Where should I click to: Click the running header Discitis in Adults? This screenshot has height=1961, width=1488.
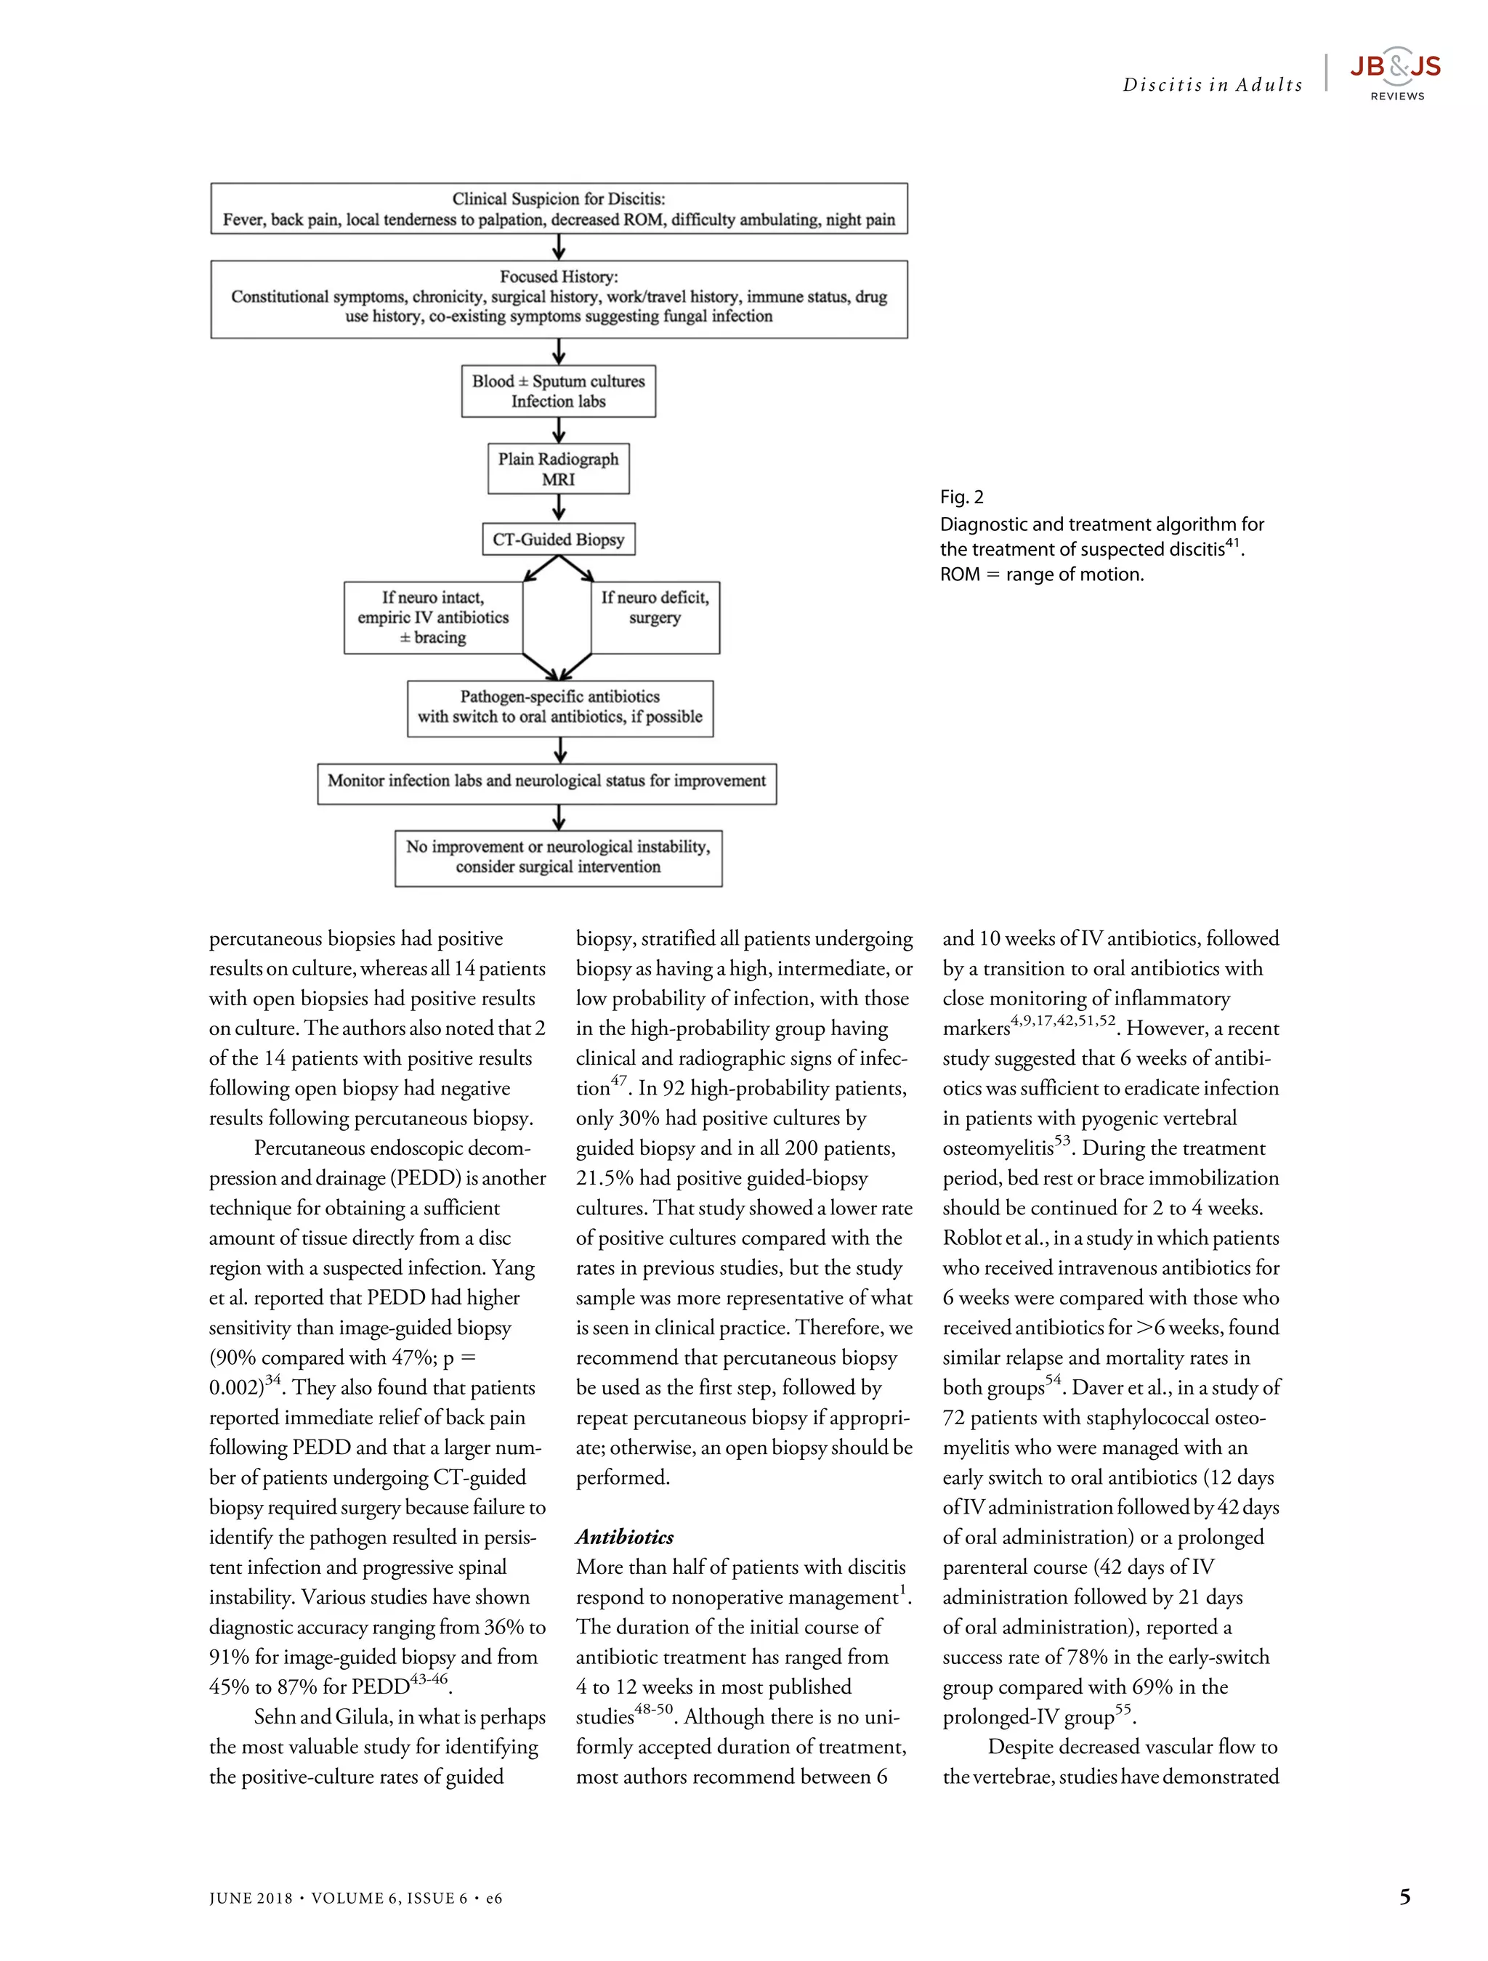[1211, 85]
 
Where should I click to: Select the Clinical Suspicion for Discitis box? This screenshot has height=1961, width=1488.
[559, 209]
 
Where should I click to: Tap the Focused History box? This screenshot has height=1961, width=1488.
[559, 299]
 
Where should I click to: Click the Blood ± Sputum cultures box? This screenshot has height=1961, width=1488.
[559, 391]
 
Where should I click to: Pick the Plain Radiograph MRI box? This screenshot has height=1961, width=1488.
[559, 469]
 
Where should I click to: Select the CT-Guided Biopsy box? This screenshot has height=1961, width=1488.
[559, 539]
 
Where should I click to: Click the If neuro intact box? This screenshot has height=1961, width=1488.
[433, 618]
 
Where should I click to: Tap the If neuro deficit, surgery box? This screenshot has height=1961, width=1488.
[655, 618]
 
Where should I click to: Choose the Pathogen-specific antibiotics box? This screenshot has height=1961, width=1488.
[559, 707]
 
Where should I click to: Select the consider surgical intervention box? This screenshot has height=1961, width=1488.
[559, 857]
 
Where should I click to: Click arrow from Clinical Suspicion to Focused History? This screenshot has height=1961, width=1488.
[559, 246]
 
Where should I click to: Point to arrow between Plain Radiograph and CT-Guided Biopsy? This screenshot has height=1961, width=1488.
[559, 508]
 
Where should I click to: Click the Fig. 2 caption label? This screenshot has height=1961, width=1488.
[961, 498]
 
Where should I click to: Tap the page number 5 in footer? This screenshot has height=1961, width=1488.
[1404, 1897]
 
